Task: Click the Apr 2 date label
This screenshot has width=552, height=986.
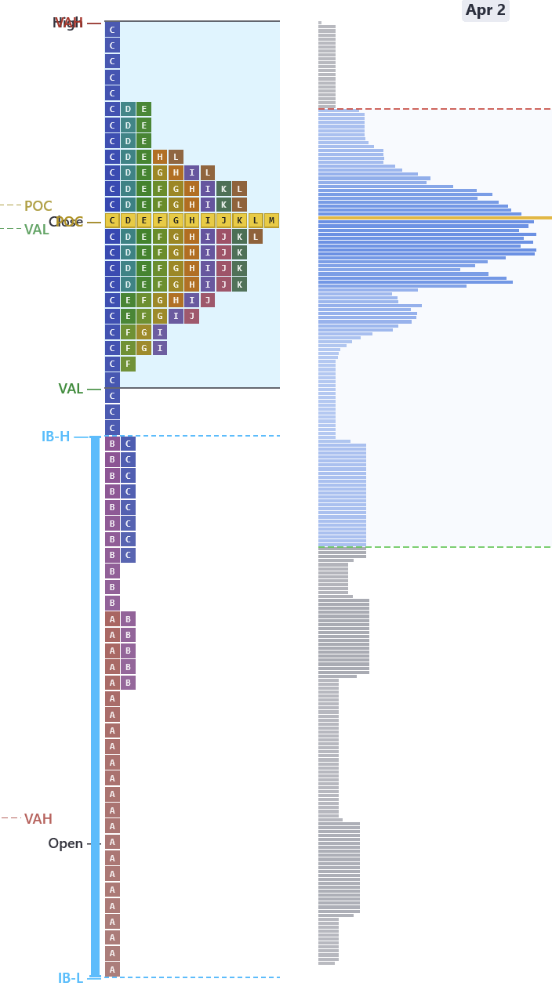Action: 485,10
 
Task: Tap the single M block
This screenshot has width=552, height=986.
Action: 271,220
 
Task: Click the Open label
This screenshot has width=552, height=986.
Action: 65,843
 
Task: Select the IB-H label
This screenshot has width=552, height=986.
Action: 56,437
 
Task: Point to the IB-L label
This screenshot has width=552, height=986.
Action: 71,977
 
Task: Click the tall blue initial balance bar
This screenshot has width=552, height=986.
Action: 96,705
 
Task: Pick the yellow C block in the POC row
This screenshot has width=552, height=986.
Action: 112,220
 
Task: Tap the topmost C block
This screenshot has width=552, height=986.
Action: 112,30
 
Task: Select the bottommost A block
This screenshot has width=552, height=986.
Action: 112,970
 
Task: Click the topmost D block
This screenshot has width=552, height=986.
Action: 128,109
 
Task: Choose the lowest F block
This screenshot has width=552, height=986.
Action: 128,364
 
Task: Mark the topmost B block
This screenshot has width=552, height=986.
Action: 112,444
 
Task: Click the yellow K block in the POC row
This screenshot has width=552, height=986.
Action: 239,220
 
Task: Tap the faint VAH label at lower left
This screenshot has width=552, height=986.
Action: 38,819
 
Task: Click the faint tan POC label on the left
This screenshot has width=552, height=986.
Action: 38,206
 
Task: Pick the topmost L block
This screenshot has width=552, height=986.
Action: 176,157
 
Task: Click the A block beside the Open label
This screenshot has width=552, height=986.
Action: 112,843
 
